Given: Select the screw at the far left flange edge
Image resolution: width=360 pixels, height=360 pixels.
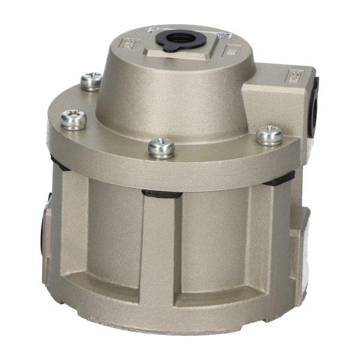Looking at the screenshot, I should point(74,119).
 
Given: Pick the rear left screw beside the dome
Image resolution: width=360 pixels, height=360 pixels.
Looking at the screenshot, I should point(91,81).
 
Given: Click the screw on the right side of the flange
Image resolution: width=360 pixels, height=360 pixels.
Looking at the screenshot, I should point(269,134).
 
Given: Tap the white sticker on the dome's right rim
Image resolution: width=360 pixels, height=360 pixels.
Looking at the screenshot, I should point(223,36).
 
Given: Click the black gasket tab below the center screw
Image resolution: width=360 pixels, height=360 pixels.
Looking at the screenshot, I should point(161,194).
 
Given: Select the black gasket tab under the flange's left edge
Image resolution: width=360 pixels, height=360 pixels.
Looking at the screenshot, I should point(60,162).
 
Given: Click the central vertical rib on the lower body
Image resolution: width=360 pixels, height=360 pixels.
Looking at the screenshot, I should point(161,252).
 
